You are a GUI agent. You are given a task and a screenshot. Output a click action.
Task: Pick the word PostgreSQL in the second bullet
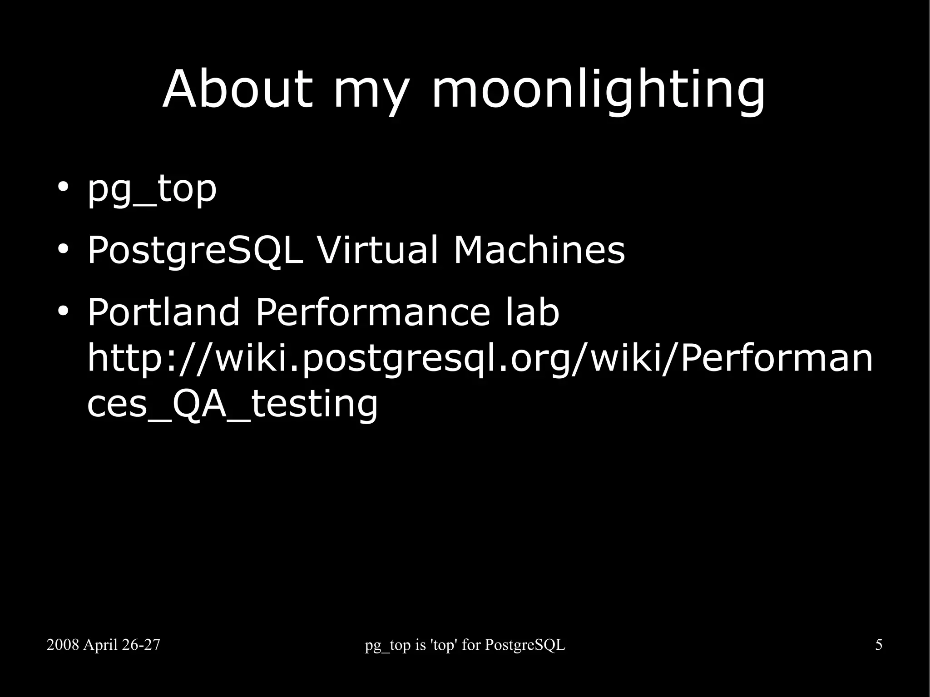tap(195, 250)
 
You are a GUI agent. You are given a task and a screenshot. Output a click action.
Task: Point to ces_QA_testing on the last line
tap(232, 404)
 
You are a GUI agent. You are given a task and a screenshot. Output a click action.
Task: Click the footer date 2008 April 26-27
tap(103, 645)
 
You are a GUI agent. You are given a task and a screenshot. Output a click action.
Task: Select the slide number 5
tap(879, 645)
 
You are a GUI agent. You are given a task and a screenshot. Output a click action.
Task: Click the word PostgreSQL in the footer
tap(525, 645)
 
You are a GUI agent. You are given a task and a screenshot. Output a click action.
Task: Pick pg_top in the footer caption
tap(387, 646)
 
